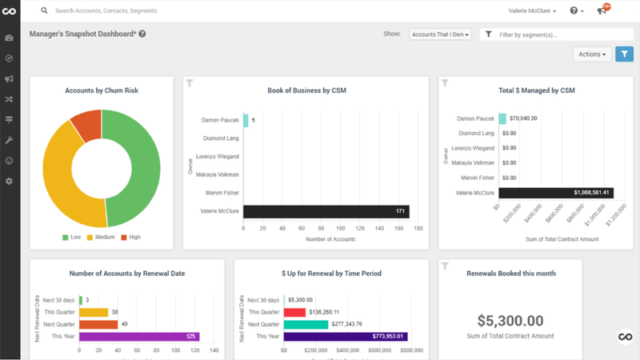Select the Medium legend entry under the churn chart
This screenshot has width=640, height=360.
click(x=102, y=238)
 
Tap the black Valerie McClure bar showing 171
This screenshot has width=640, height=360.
click(x=326, y=212)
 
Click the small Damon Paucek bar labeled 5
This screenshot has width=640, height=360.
click(x=246, y=120)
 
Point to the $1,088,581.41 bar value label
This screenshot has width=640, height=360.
click(x=591, y=193)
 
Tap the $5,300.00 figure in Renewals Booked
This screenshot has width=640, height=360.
click(x=510, y=320)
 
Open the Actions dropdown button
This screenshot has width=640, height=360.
click(x=593, y=54)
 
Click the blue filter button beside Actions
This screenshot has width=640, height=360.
click(x=624, y=54)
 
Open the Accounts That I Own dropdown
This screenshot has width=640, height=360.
click(x=439, y=34)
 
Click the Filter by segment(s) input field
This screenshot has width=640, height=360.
click(x=560, y=34)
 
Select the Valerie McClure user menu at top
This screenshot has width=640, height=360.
click(x=532, y=11)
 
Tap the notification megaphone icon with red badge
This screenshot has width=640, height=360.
click(x=602, y=10)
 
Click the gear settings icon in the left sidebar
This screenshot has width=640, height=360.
click(x=10, y=182)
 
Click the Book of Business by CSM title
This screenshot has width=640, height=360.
click(x=307, y=90)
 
